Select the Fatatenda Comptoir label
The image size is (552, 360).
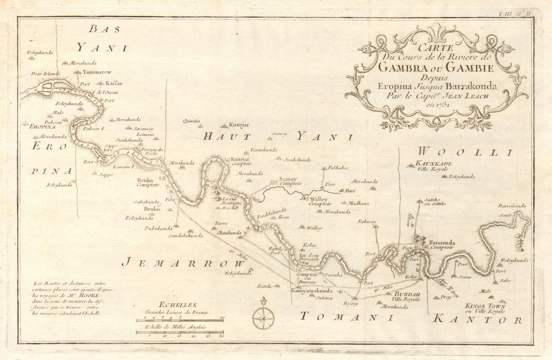coord(442,245)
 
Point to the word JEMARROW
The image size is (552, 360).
coord(182,262)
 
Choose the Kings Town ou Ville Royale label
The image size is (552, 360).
coord(485,308)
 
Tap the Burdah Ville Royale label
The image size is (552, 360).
coord(410,296)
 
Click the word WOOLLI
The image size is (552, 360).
coord(465,152)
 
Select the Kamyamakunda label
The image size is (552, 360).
coord(312,290)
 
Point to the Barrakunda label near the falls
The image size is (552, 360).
coord(512,206)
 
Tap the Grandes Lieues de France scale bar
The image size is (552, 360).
coord(180,319)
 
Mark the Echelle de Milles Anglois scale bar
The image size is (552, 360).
coord(180,332)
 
